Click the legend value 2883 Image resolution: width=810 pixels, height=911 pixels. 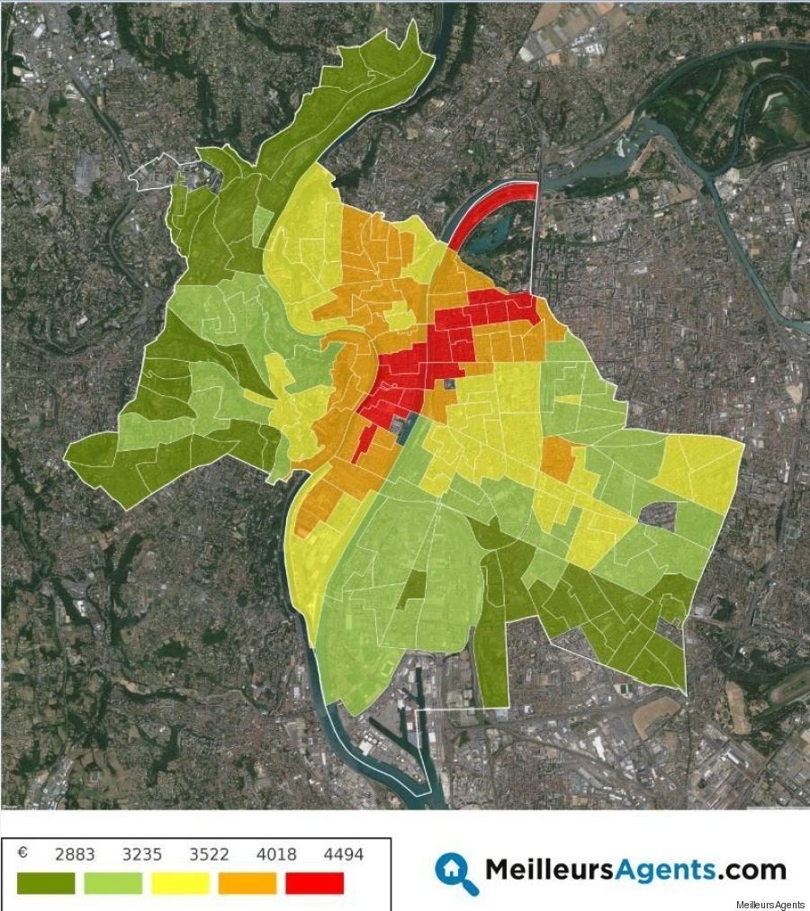[x=75, y=854]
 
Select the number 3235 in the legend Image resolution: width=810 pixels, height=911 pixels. [x=142, y=854]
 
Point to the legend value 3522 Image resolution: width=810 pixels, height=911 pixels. [x=210, y=854]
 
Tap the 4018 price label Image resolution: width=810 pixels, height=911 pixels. [x=276, y=854]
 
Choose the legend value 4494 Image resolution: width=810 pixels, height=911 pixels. [x=344, y=854]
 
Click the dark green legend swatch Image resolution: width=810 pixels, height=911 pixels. [x=46, y=883]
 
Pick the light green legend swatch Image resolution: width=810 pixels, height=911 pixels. [x=113, y=883]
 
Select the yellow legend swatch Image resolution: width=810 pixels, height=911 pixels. [x=180, y=883]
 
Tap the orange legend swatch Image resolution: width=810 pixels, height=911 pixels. [x=247, y=883]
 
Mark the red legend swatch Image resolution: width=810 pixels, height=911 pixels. [x=315, y=883]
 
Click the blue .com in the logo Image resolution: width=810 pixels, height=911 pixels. [x=751, y=870]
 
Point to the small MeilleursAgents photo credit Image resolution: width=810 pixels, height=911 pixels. [x=770, y=903]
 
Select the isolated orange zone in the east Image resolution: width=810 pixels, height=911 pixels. [x=558, y=458]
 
